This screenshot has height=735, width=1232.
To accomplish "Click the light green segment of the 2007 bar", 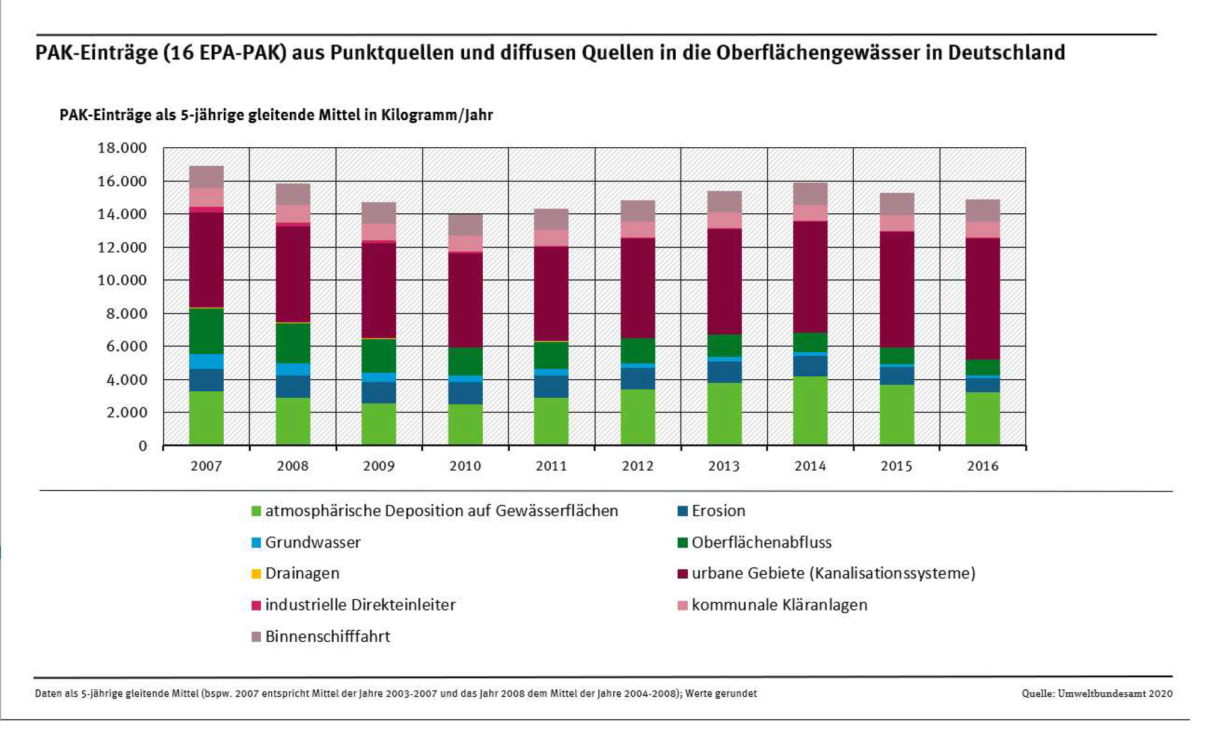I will (x=206, y=418).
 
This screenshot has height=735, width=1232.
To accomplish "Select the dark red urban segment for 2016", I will (x=982, y=299).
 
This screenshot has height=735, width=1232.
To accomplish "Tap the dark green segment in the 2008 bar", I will (x=293, y=343).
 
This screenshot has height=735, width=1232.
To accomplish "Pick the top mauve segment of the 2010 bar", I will (x=465, y=225).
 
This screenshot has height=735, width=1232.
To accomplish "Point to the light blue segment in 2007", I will (x=206, y=362).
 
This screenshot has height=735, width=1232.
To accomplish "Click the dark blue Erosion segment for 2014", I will (x=810, y=366).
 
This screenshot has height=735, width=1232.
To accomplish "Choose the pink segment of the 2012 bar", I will (x=637, y=230).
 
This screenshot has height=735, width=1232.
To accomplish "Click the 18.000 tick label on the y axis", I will (x=122, y=148).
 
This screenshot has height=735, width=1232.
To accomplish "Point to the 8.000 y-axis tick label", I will (x=122, y=314).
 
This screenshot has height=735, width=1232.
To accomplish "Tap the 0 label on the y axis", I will (x=143, y=446).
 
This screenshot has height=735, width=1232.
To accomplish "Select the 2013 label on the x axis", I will (x=724, y=466).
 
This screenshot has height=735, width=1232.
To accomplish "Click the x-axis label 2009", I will (x=379, y=466).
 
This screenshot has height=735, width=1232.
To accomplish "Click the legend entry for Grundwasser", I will (x=313, y=543).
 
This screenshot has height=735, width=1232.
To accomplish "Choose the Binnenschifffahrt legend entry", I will (x=327, y=636).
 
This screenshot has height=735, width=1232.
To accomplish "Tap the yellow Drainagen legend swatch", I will (x=256, y=574).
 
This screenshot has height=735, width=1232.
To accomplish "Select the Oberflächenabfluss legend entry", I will (x=761, y=543).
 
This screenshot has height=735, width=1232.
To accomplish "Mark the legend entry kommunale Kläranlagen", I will (x=779, y=605).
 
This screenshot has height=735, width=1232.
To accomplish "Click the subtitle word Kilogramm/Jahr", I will (x=437, y=115).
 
